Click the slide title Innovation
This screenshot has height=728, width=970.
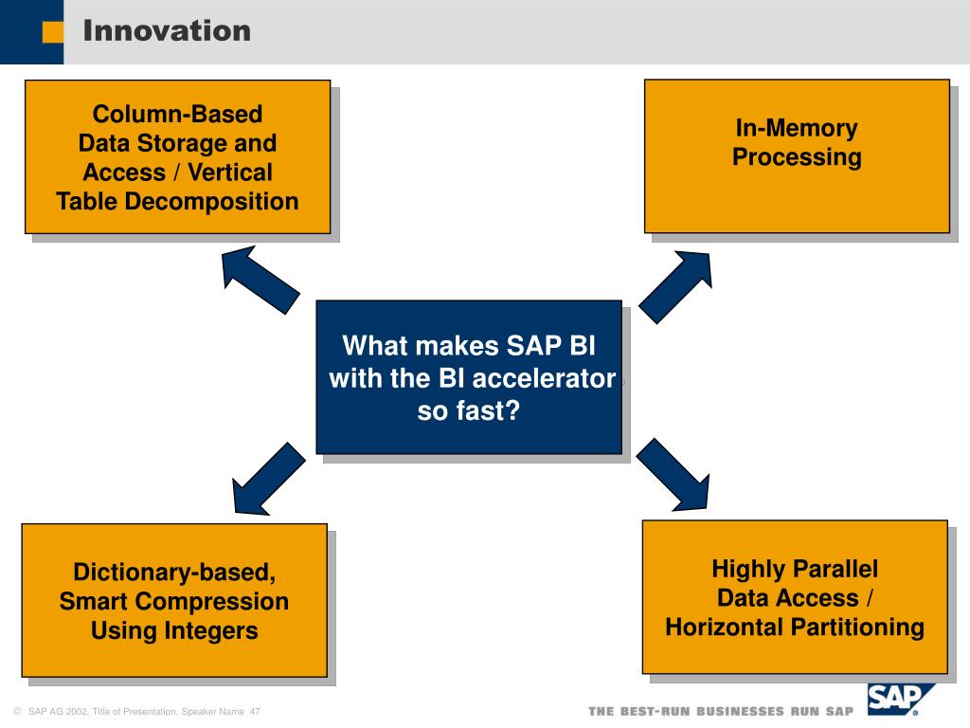coord(167,30)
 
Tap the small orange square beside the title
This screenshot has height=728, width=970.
coord(53,32)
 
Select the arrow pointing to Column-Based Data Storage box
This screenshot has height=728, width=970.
coord(260,280)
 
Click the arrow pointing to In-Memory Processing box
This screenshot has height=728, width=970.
coord(675,286)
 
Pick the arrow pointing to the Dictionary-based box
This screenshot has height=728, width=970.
coord(268,479)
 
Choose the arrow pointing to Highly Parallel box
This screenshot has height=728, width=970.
coord(674,475)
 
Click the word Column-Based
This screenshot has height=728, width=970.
coord(177,114)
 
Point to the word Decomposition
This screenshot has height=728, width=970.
coord(211,202)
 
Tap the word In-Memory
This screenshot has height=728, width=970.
coord(797,128)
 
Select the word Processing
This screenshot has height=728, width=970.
coord(797,157)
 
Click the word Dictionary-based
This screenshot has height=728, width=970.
coord(174,572)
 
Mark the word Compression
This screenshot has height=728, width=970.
coord(211,602)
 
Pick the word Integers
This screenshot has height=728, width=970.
coord(210,630)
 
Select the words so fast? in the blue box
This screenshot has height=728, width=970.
coord(468,411)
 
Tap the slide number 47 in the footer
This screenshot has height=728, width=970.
coord(255,712)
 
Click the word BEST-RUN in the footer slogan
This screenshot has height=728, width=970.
coord(656,712)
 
